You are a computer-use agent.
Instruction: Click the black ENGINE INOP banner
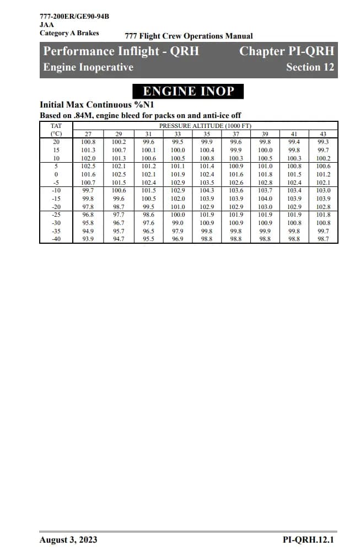(189, 91)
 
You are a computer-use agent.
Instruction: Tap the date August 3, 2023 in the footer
(68, 539)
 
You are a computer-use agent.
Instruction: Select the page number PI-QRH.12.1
(308, 539)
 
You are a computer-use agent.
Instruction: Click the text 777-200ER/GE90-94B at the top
(74, 16)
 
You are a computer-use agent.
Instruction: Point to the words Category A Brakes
(69, 33)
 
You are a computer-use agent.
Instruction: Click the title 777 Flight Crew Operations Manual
(189, 36)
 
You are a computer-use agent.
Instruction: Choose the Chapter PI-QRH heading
(287, 51)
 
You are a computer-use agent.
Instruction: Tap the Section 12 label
(310, 67)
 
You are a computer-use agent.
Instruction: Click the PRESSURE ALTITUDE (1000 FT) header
(205, 126)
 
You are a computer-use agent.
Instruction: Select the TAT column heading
(56, 126)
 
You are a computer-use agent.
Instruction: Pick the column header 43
(324, 134)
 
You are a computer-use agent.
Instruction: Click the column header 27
(88, 134)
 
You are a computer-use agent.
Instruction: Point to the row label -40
(56, 239)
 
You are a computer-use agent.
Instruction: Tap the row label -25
(56, 214)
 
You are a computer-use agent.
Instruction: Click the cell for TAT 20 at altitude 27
(88, 142)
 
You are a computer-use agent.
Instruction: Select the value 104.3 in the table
(207, 190)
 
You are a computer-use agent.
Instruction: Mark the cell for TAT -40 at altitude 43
(324, 239)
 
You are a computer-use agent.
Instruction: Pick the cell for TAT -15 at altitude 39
(265, 198)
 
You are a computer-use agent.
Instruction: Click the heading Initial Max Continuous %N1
(97, 105)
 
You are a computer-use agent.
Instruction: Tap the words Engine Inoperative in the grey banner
(88, 67)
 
